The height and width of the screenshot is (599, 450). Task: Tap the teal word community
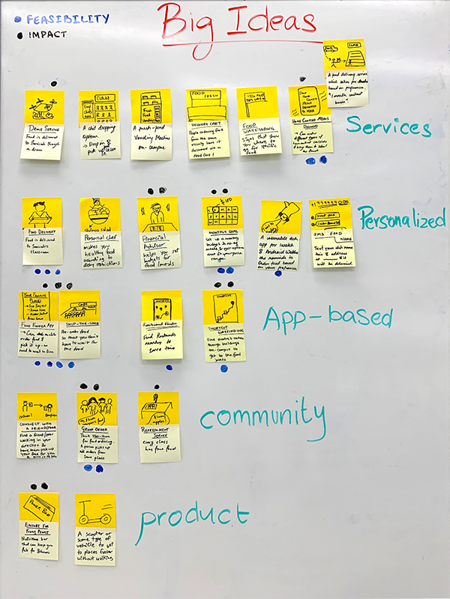(262, 417)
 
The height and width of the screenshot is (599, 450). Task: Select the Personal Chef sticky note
(100, 232)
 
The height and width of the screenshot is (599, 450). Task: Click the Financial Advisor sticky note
(157, 232)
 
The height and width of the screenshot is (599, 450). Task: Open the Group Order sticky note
(97, 427)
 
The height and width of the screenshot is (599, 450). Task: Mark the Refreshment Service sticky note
(158, 427)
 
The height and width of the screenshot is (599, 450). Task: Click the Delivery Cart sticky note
(206, 124)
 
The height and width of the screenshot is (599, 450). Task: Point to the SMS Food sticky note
(331, 232)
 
